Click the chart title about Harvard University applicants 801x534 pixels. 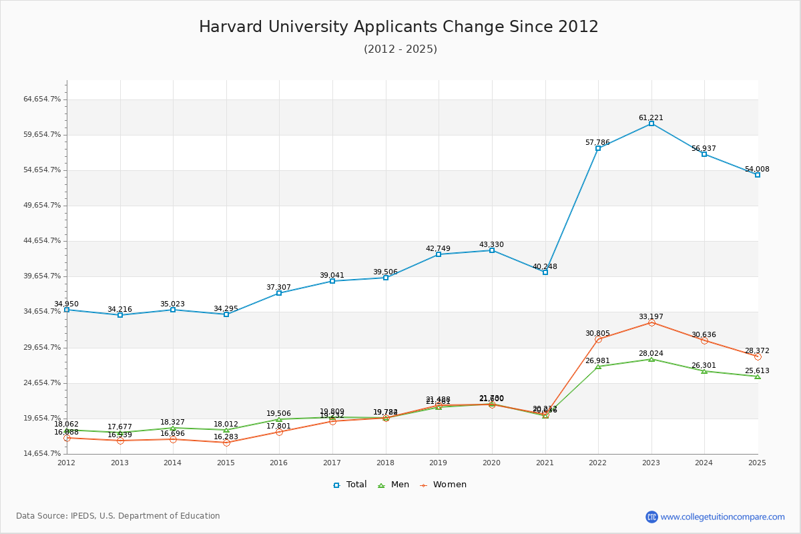(x=398, y=27)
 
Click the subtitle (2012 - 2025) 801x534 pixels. (x=400, y=49)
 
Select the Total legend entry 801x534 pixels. (x=350, y=485)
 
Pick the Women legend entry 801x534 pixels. (x=443, y=485)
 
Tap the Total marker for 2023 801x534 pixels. (x=651, y=123)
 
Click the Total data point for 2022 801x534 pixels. (x=598, y=148)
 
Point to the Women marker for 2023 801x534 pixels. (x=651, y=323)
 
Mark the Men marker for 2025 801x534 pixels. (x=757, y=376)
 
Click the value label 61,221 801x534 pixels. (x=651, y=117)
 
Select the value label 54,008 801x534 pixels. (x=757, y=169)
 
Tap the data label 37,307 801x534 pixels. (x=278, y=287)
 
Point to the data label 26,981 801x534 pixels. (x=597, y=360)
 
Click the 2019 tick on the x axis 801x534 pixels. (x=439, y=463)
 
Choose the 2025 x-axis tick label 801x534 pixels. (x=757, y=463)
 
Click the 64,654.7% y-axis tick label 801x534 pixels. (x=42, y=99)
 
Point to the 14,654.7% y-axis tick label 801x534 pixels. (x=42, y=454)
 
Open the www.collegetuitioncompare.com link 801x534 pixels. (x=722, y=517)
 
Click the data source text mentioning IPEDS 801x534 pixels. (x=118, y=516)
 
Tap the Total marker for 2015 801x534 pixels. (x=226, y=314)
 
